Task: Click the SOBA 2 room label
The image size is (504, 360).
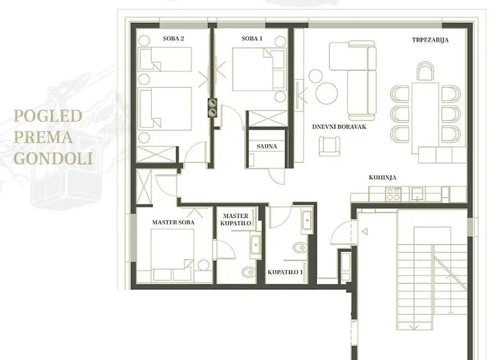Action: pyautogui.click(x=174, y=39)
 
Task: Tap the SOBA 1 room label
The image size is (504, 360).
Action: pyautogui.click(x=252, y=39)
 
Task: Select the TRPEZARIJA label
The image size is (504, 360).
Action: pyautogui.click(x=430, y=40)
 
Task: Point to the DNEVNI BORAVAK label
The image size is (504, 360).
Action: pyautogui.click(x=339, y=127)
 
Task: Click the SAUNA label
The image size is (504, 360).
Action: pyautogui.click(x=267, y=146)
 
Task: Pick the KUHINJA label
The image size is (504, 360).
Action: pyautogui.click(x=382, y=177)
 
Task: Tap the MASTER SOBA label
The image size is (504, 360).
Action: pyautogui.click(x=174, y=222)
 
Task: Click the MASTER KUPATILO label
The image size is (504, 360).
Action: pyautogui.click(x=235, y=220)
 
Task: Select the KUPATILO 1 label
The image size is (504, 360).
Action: pyautogui.click(x=285, y=272)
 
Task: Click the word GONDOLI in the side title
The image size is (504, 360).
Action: pyautogui.click(x=53, y=158)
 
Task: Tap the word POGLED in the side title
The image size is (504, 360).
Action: pyautogui.click(x=48, y=116)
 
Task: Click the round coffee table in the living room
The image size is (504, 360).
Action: pyautogui.click(x=327, y=93)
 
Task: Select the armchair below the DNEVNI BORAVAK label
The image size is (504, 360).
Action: pyautogui.click(x=330, y=146)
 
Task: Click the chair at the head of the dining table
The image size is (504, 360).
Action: pyautogui.click(x=426, y=71)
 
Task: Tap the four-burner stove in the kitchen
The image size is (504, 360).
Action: pyautogui.click(x=393, y=194)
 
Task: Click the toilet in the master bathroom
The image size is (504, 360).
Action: pyautogui.click(x=248, y=272)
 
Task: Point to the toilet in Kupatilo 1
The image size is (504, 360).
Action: pyautogui.click(x=300, y=247)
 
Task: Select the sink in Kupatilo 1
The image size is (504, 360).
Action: pyautogui.click(x=307, y=220)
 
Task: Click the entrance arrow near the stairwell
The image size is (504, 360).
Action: pyautogui.click(x=365, y=231)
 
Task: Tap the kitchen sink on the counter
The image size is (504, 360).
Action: pyautogui.click(x=417, y=194)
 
